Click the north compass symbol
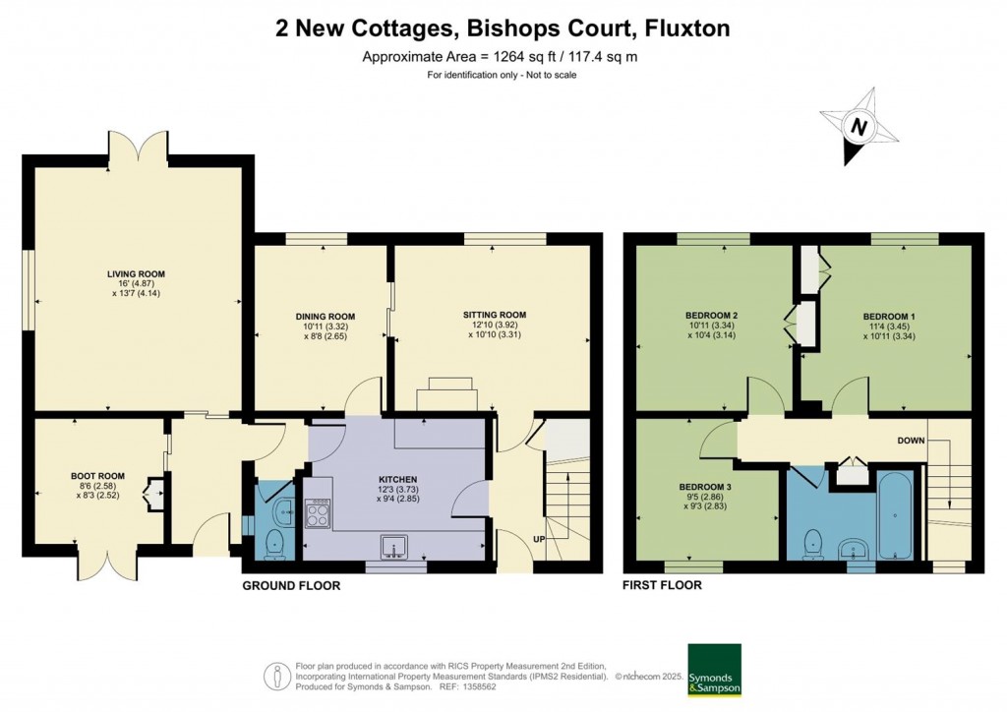click(x=859, y=127)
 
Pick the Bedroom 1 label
click(x=889, y=316)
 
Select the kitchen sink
click(x=396, y=546)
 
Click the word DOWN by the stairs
click(x=910, y=441)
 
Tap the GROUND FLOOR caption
click(x=291, y=586)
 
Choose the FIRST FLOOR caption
click(x=662, y=586)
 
